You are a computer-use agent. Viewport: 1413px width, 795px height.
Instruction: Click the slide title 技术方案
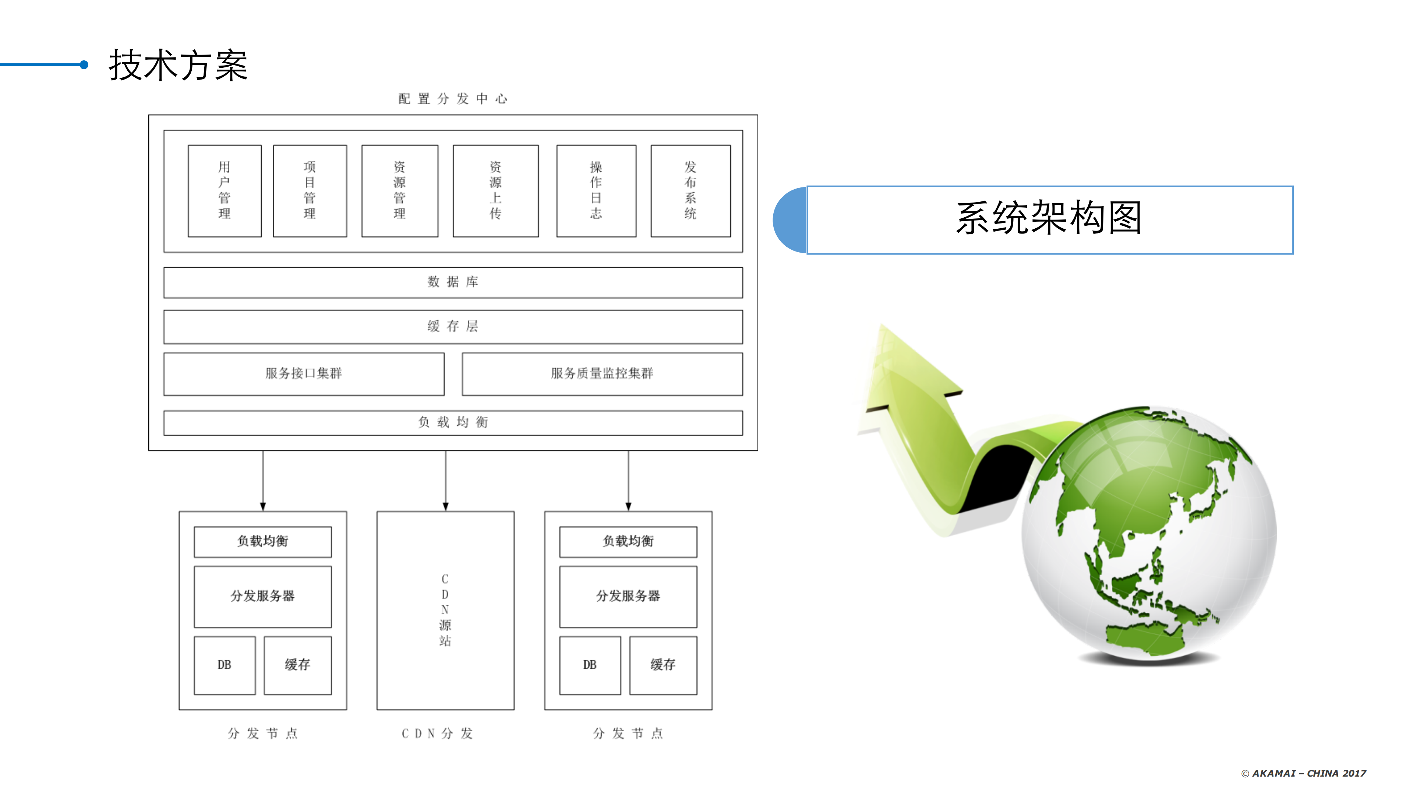tap(178, 65)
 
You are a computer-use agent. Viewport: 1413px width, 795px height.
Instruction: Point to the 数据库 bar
tap(453, 282)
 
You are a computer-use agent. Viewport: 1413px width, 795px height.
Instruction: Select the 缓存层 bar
tap(453, 327)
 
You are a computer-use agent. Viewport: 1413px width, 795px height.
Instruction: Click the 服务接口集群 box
tap(304, 374)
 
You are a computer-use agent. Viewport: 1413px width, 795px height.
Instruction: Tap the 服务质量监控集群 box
tap(602, 374)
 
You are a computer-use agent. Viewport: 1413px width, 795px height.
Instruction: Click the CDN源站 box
tap(445, 610)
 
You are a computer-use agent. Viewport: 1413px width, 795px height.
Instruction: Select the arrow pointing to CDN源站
tap(445, 481)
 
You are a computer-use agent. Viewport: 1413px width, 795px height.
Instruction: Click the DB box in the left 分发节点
tap(225, 665)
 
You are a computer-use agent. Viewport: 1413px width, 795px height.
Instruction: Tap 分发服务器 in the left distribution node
tap(263, 597)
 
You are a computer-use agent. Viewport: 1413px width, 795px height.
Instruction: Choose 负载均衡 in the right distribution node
tap(628, 542)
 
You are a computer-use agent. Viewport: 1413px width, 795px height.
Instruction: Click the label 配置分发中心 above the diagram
tap(453, 99)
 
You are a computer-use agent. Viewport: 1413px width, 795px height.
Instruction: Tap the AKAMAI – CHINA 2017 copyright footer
tap(1304, 773)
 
